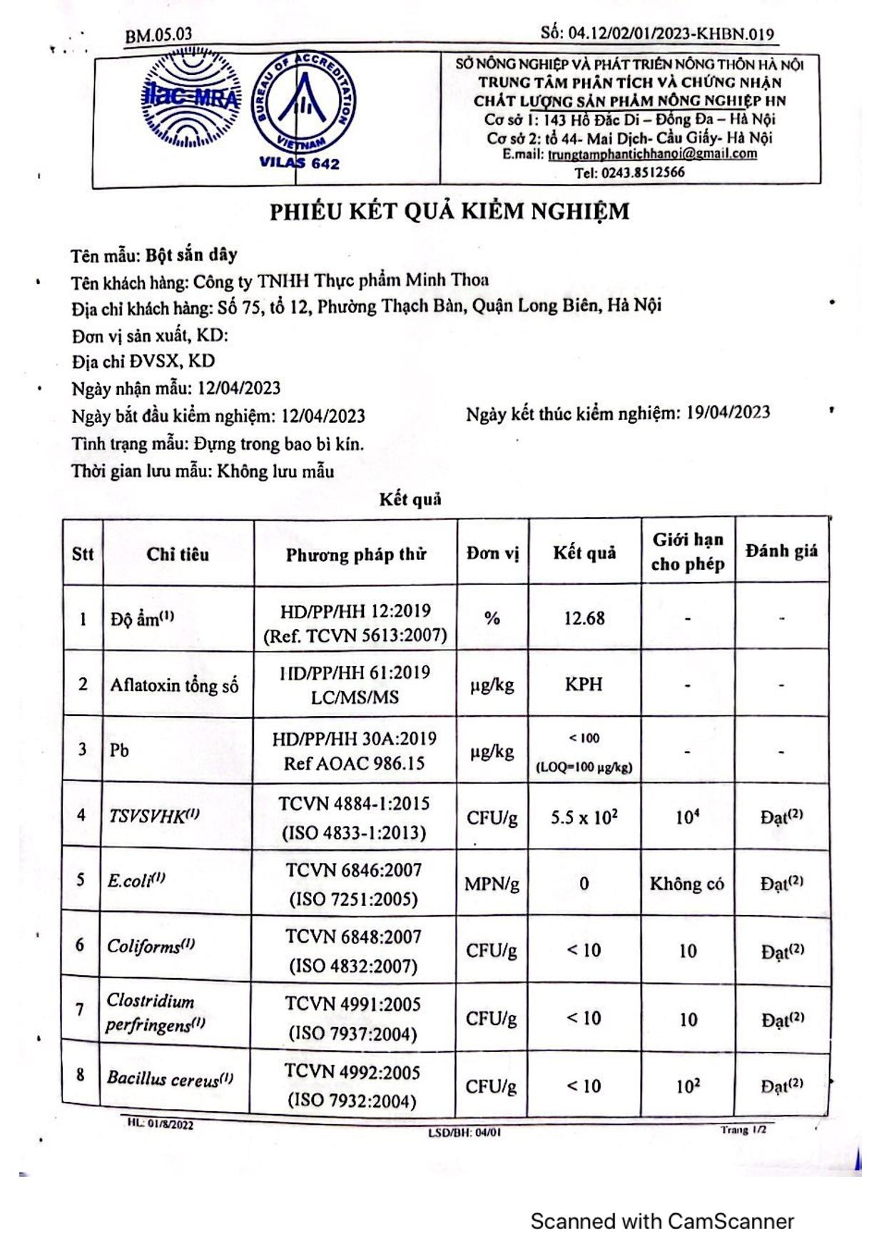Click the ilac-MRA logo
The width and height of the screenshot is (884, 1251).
point(190,99)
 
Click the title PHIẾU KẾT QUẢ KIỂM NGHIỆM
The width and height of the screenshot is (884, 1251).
point(449,212)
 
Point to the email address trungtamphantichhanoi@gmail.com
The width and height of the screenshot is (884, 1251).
point(652,154)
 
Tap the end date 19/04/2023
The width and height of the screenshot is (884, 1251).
point(728,412)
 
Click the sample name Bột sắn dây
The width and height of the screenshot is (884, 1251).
point(191,255)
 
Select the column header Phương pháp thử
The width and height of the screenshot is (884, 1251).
point(355,554)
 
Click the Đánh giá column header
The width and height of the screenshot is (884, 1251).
point(781,551)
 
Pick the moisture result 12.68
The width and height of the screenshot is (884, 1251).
point(584,618)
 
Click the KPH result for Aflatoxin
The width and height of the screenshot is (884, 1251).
point(584,684)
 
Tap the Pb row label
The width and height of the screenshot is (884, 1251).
point(120,750)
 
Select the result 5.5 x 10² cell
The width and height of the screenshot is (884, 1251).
point(584,816)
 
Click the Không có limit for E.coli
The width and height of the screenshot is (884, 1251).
point(686,884)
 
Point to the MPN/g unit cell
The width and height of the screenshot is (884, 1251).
point(492,884)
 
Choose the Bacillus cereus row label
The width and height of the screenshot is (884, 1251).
point(170,1078)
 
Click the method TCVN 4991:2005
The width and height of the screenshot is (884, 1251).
point(352,1004)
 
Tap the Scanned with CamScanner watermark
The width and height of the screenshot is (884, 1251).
point(661,1221)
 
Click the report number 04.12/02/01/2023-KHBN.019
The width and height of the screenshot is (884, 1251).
point(670,34)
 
